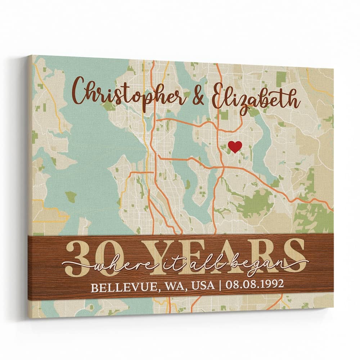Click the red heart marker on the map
pos(235,147)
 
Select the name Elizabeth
pos(255,96)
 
